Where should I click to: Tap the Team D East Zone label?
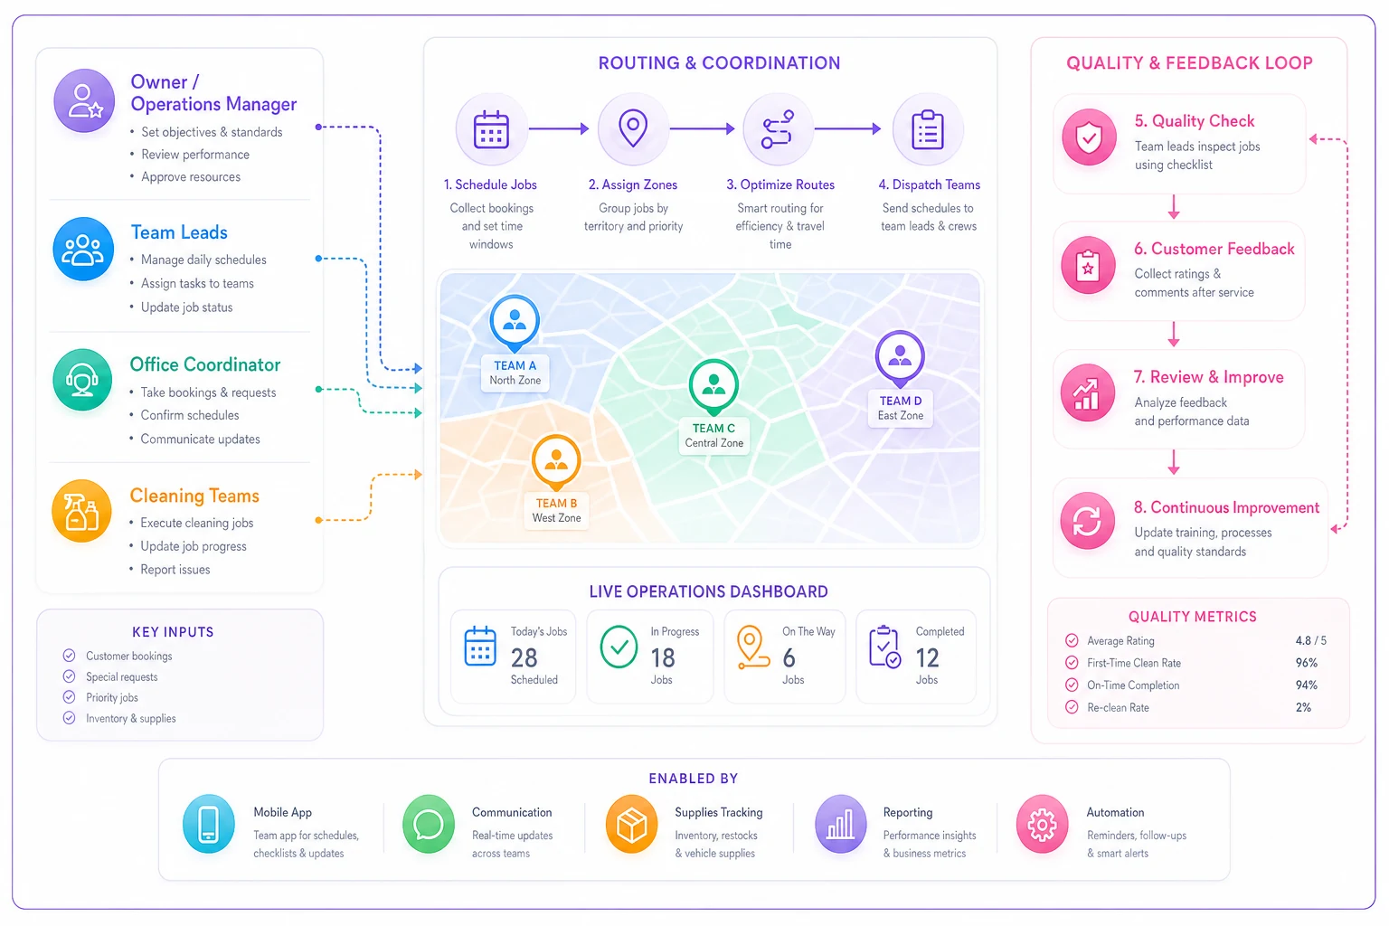click(x=901, y=408)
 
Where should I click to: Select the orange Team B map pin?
click(x=556, y=463)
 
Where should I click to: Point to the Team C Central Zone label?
click(x=713, y=435)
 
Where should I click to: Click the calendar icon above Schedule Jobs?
click(x=491, y=129)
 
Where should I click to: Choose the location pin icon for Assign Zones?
click(x=632, y=128)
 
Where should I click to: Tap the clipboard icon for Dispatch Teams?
click(x=928, y=129)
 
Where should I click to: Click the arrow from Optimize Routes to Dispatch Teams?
click(x=847, y=129)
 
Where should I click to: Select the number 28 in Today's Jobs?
click(x=524, y=657)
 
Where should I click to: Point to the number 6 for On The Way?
click(x=789, y=657)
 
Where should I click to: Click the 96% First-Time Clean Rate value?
click(x=1306, y=663)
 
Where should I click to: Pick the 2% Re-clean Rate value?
click(x=1303, y=707)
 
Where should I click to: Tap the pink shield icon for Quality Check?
click(x=1089, y=137)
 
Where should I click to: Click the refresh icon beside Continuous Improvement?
click(x=1087, y=520)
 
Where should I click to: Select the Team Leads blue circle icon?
click(x=83, y=249)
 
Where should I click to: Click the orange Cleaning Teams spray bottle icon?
click(x=82, y=511)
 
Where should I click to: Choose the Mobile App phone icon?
click(x=208, y=825)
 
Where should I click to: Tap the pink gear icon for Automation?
click(x=1042, y=825)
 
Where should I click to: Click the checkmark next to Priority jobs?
click(x=69, y=696)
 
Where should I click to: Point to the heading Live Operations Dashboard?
click(x=708, y=591)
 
